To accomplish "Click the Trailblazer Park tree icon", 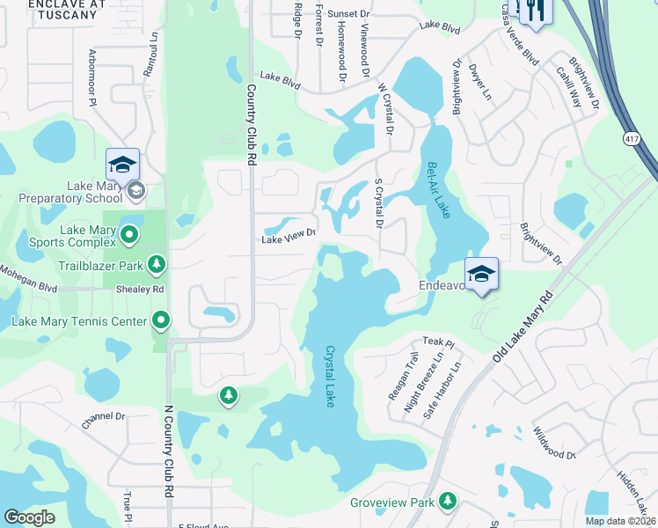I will tap(157, 263).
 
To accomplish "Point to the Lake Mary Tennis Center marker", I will tap(161, 320).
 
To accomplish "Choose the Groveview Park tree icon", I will tap(448, 501).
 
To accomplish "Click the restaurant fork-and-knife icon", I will tap(534, 11).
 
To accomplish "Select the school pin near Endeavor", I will tap(481, 274).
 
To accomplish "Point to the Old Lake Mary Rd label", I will tap(525, 326).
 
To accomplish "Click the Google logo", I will tap(30, 517).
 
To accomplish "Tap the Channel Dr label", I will tap(104, 421).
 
